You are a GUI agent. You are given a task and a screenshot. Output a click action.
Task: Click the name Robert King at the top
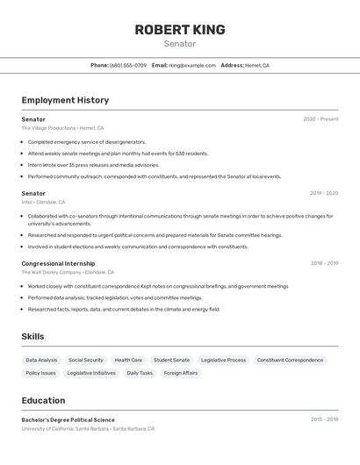(180, 30)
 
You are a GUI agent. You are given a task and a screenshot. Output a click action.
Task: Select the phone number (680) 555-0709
(128, 65)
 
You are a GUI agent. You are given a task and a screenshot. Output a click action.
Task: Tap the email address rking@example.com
(191, 65)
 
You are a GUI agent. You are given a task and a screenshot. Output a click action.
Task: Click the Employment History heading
(65, 100)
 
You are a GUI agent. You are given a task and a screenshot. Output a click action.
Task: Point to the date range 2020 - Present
(320, 119)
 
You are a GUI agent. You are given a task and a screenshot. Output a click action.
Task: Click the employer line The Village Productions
(62, 128)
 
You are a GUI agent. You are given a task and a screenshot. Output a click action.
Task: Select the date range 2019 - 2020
(324, 193)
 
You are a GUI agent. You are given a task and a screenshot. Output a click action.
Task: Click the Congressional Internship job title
(58, 263)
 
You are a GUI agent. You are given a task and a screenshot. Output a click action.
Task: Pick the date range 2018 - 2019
(324, 263)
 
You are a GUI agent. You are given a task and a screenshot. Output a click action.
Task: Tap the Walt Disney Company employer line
(68, 272)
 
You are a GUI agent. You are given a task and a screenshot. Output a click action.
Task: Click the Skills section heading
(32, 337)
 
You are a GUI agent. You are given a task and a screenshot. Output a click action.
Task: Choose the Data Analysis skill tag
(41, 360)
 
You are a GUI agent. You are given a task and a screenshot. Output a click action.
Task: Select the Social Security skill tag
(86, 360)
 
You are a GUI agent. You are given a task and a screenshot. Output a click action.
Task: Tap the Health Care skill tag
(128, 360)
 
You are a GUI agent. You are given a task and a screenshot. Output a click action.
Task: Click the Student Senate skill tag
(171, 360)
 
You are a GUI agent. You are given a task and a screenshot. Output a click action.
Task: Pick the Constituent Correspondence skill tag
(290, 360)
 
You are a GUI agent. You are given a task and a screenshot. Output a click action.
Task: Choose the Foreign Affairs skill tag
(181, 373)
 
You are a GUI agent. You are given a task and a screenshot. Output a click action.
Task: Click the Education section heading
(44, 400)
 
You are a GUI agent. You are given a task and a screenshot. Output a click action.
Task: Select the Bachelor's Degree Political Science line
(68, 419)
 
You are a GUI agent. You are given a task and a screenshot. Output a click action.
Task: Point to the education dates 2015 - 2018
(324, 419)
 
